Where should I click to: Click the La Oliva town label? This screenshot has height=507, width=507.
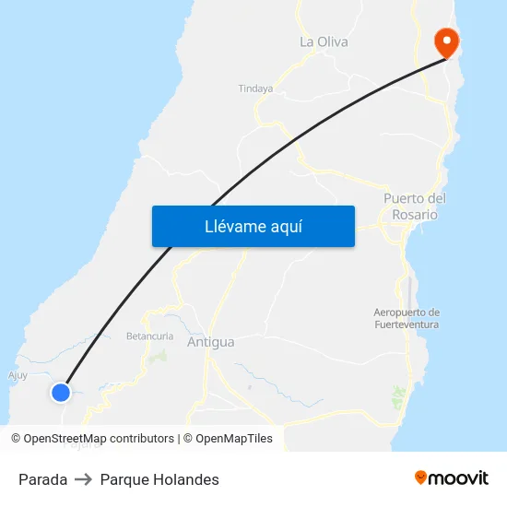pos(324,41)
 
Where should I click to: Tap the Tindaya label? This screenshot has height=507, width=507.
pos(256,89)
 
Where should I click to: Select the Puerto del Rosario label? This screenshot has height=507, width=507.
pos(414,206)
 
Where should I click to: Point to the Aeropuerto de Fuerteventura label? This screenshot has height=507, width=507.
pos(407,318)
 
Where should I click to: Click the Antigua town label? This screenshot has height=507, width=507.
pos(210,342)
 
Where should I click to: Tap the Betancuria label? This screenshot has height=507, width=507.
pos(149,336)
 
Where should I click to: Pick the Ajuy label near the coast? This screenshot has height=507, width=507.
pos(18,375)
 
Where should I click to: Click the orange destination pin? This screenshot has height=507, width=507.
pos(446,41)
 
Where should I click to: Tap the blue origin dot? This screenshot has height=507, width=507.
pos(61,393)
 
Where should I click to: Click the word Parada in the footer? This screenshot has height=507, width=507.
pos(42,479)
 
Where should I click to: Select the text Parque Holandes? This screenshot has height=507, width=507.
pos(159,479)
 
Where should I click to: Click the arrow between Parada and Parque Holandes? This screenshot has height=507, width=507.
pos(84,479)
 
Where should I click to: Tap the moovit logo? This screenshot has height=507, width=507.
pos(451,478)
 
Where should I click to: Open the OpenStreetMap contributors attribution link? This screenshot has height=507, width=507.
pos(100,439)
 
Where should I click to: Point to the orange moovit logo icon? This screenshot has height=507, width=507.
pos(421,478)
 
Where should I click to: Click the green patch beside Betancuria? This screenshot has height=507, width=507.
pos(160,355)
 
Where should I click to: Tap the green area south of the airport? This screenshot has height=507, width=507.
pos(398,397)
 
